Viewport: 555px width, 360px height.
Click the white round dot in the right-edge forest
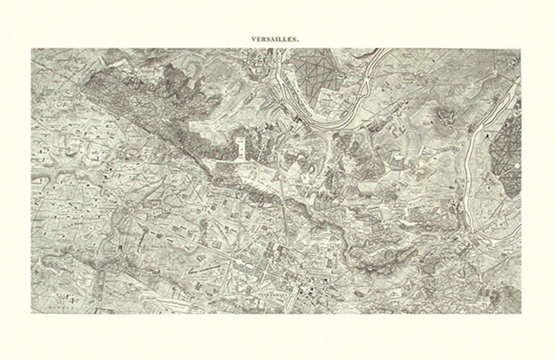click(516, 167)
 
